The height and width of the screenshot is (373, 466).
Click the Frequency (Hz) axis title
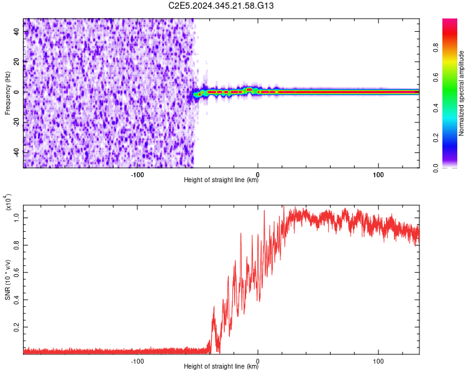pos(7,93)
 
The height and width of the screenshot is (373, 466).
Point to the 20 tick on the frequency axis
pos(17,62)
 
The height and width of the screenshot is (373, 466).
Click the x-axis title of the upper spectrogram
pos(221,180)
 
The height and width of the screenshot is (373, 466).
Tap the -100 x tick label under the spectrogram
pos(137,174)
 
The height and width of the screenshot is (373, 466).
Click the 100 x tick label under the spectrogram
pos(378,174)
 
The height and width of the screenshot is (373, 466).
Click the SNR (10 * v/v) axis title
pos(7,279)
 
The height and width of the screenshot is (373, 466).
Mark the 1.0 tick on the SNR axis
pos(17,217)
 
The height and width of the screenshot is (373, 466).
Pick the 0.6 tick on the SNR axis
pos(17,272)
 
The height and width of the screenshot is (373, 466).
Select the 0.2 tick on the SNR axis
pos(17,326)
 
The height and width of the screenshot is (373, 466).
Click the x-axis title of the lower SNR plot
pos(221,366)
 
